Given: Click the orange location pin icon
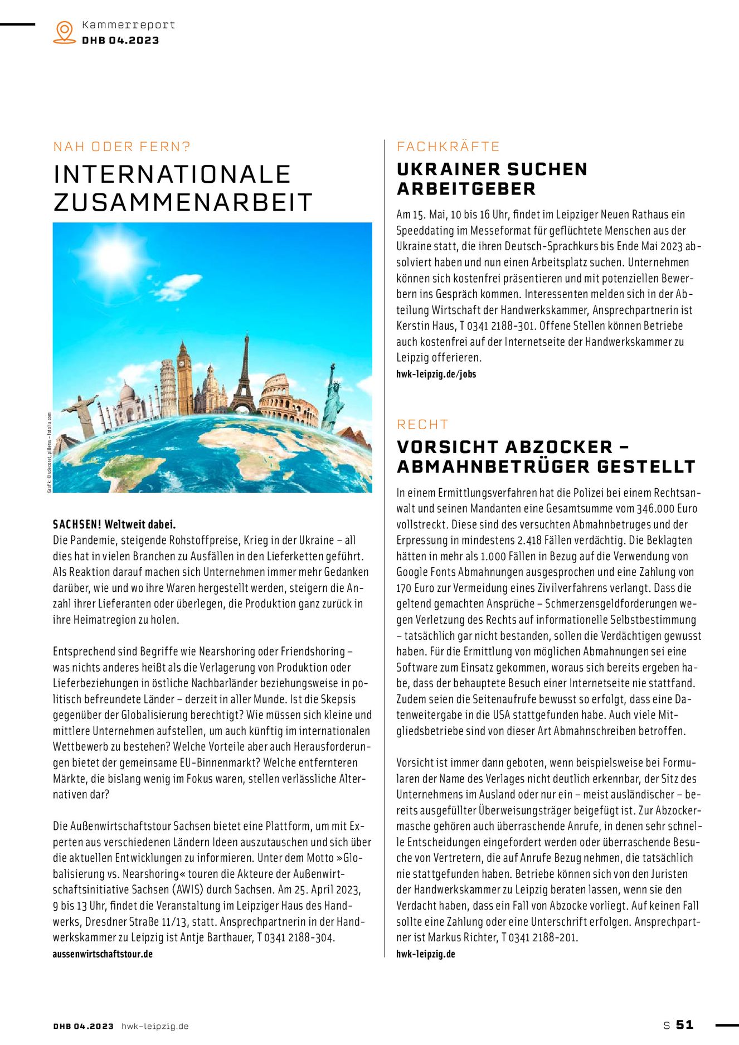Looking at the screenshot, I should click(65, 32).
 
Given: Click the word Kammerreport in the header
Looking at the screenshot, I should click(128, 25).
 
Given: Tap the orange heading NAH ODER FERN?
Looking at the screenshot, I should click(121, 147).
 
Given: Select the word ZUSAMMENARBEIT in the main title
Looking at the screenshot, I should click(182, 202).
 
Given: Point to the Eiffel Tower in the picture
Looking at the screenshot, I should click(244, 373).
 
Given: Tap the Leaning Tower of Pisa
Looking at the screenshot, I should click(168, 387).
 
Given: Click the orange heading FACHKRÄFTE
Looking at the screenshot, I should click(448, 147).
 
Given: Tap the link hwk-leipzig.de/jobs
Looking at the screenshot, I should click(436, 374).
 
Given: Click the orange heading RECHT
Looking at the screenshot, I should click(422, 425).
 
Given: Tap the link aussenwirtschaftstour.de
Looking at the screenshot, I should click(103, 954).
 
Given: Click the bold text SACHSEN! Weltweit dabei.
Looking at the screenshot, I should click(114, 524).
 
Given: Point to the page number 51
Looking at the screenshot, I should click(685, 1024).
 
